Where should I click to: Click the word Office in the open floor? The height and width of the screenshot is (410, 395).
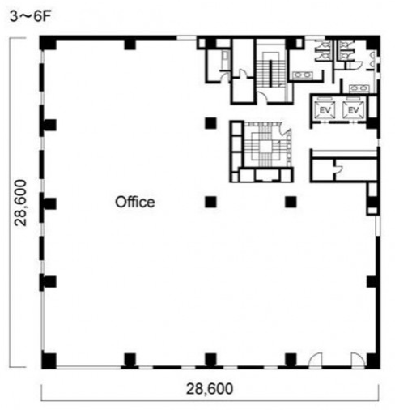[x=135, y=202]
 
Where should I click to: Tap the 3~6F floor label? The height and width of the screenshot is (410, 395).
[x=30, y=16]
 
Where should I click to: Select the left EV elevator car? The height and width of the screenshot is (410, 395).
[x=325, y=110]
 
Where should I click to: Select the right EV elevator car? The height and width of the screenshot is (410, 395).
[x=353, y=110]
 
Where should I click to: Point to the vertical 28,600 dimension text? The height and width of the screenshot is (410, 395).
[x=21, y=203]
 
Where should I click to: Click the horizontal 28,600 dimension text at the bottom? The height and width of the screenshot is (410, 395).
[x=210, y=389]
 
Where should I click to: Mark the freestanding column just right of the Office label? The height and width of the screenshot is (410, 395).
[x=210, y=202]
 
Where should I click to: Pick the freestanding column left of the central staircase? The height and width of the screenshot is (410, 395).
[x=210, y=123]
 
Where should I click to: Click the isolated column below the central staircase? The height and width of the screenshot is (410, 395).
[x=291, y=202]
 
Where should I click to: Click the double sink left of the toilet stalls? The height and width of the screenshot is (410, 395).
[x=303, y=75]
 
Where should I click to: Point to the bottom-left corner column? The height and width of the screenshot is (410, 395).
[x=49, y=361]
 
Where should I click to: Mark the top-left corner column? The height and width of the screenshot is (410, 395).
[x=48, y=43]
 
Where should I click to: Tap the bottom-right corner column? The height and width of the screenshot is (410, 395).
[x=373, y=361]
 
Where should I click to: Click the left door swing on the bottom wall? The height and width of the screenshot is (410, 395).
[x=315, y=361]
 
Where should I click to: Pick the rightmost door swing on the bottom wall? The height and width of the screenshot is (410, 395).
[x=358, y=361]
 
